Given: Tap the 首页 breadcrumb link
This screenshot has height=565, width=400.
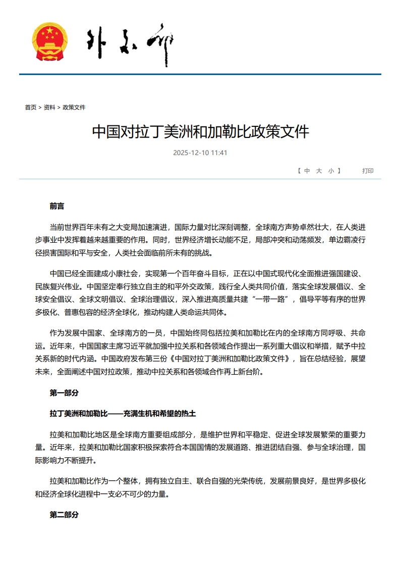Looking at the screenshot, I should (x=30, y=107).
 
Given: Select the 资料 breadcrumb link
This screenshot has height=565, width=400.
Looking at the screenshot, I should (x=49, y=107).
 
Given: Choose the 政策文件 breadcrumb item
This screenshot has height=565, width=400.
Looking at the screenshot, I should (x=74, y=107).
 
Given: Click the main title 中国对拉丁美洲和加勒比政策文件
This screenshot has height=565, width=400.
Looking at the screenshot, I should (x=200, y=132).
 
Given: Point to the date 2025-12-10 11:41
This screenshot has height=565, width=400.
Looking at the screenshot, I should (x=200, y=153).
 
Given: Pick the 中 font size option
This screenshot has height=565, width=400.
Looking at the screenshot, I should (x=307, y=171).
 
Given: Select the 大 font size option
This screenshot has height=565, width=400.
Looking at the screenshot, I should (x=319, y=171).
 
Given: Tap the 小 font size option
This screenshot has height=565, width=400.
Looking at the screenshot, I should (x=331, y=171).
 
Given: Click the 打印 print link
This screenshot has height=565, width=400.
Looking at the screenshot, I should (x=368, y=171).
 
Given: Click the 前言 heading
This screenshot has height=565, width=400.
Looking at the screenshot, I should (x=57, y=206).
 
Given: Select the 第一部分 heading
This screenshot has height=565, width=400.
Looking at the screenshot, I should (x=64, y=392).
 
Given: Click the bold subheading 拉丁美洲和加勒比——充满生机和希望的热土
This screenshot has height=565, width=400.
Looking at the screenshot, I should (x=123, y=413).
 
